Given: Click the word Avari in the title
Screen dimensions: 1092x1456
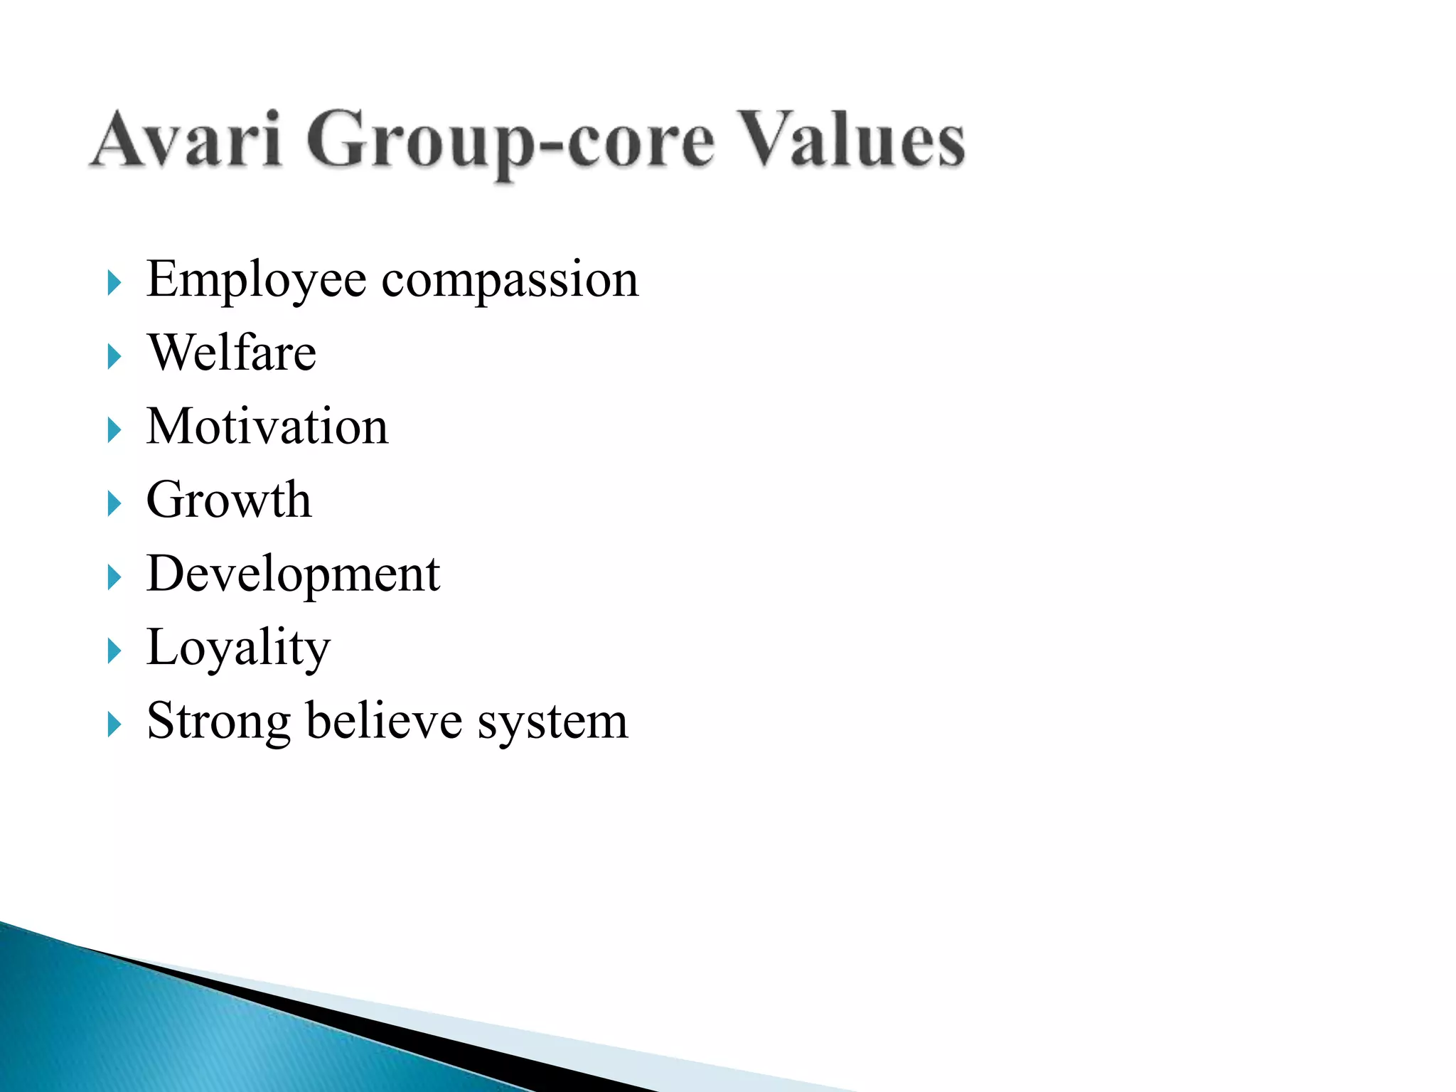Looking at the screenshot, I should coord(186,139).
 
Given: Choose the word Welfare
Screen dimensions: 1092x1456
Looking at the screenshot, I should coord(232,353).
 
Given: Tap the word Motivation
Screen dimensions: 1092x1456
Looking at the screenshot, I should coord(267,427).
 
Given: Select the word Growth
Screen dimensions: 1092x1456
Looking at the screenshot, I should coord(229,500).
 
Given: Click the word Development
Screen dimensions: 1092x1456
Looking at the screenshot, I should coord(293,575).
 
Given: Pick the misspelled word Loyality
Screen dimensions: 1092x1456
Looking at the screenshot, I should coord(238,648).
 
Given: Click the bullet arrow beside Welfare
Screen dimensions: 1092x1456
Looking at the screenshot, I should coord(114,356).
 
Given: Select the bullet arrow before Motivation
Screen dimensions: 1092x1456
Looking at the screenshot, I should coord(114,430).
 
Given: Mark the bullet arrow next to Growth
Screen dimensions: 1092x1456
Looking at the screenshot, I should coord(114,504).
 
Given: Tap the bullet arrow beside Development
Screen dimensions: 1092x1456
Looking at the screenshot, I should coord(114,577).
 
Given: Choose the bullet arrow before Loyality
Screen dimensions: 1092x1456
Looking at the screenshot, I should coord(114,651).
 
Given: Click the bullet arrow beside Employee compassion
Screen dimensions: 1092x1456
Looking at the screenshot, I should coord(114,283).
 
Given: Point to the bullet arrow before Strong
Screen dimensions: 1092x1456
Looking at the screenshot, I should coord(114,725).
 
